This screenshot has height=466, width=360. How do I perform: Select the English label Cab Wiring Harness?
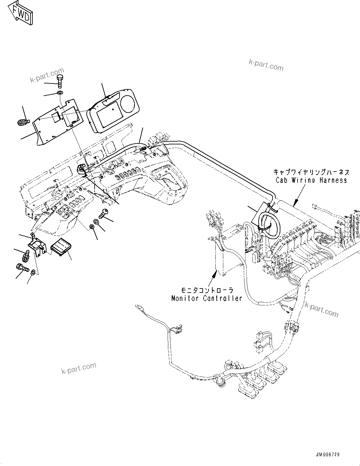coord(311,180)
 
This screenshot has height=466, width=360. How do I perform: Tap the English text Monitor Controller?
coord(207,298)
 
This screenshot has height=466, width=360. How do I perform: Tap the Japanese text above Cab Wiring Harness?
coord(311,172)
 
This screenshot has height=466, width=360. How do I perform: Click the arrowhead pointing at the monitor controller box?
coord(214,274)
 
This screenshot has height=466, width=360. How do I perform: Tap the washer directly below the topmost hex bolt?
coord(60,93)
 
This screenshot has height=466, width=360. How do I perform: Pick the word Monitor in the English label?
coord(185,298)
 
